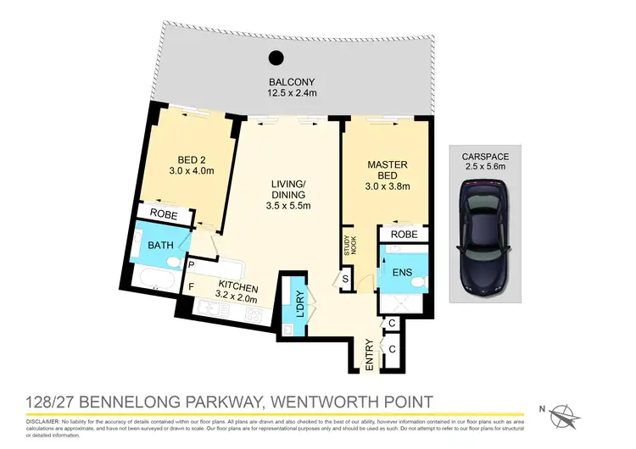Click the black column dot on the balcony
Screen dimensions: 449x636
[x=275, y=58]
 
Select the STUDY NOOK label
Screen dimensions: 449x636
[x=346, y=244]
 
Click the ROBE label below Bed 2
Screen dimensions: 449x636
[x=164, y=215]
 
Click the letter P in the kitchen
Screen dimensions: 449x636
[x=192, y=266]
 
